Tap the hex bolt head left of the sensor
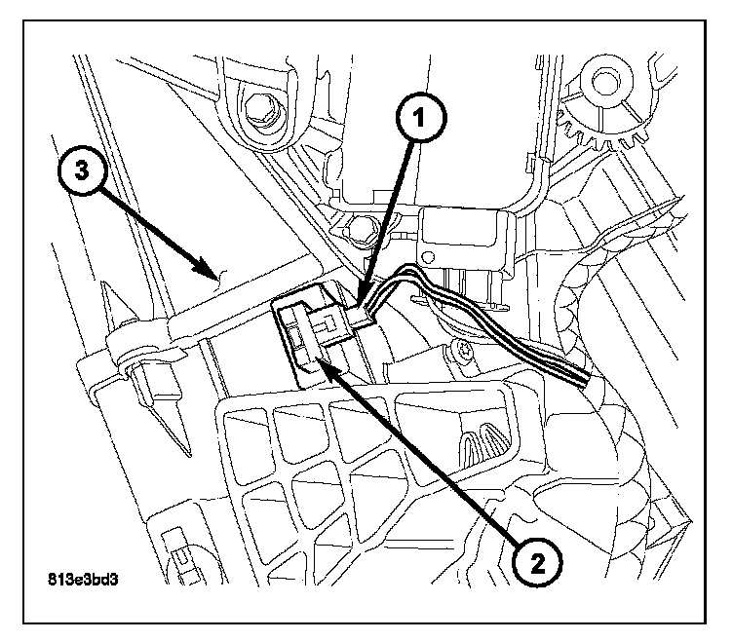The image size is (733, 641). (363, 231)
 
